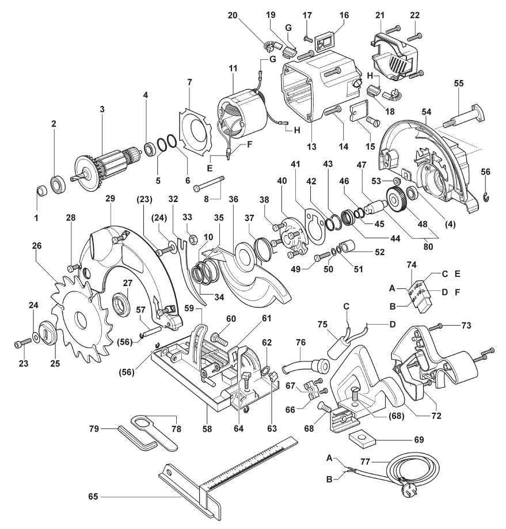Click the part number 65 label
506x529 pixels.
93,497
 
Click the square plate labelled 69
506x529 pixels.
362,440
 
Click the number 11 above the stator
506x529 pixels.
233,68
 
